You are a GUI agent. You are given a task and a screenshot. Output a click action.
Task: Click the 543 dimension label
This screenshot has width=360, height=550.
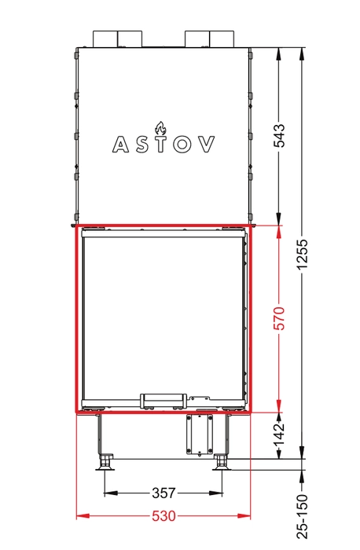281,135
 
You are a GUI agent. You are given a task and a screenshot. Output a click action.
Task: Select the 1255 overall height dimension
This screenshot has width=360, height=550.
302,255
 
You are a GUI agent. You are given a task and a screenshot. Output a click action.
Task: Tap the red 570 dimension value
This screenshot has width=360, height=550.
281,318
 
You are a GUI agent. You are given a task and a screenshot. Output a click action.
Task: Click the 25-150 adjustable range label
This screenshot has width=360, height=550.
302,517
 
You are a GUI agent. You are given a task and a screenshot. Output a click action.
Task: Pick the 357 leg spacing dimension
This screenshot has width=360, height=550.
163,493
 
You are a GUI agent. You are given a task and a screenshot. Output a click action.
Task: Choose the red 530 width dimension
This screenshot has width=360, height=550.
163,516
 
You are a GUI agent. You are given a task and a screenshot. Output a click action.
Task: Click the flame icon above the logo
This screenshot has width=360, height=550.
160,128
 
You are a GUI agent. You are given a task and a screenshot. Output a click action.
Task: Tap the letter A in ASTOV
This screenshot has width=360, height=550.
121,144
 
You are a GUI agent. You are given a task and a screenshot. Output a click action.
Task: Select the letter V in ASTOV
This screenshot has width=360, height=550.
206,144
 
